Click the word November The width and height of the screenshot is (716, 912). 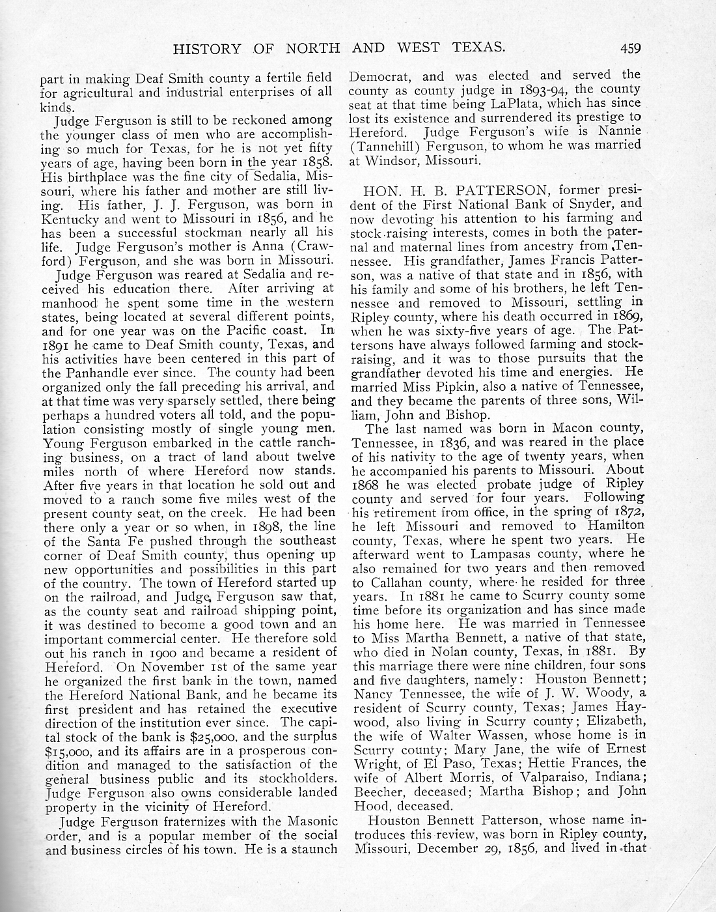tap(170, 666)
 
